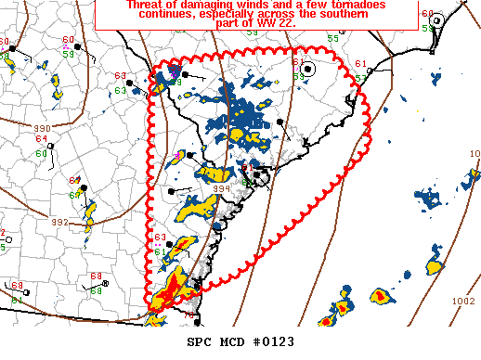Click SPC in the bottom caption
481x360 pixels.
pyautogui.click(x=198, y=342)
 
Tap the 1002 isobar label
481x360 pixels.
pyautogui.click(x=462, y=301)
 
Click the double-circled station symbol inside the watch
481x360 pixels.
pyautogui.click(x=308, y=69)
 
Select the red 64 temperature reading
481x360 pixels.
pyautogui.click(x=41, y=139)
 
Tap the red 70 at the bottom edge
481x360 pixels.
pyautogui.click(x=188, y=315)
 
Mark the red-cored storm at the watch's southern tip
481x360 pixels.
pyautogui.click(x=167, y=295)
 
